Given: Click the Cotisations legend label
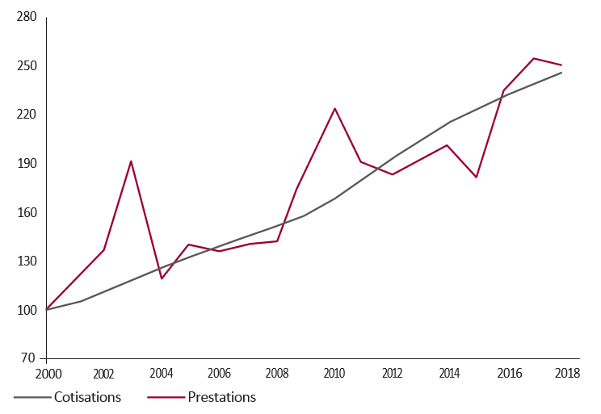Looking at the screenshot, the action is click(87, 397).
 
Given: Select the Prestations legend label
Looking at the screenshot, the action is click(222, 397).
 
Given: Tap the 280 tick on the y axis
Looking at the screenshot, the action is click(27, 17).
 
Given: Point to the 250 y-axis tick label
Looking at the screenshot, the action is click(27, 66).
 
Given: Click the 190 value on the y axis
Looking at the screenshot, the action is click(27, 164).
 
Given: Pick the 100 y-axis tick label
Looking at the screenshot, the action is click(27, 310).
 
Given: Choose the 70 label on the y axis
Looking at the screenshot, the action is click(28, 358).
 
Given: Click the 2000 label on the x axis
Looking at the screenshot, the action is click(48, 374).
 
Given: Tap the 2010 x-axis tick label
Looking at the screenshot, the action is click(334, 374).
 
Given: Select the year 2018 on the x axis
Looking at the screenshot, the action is click(568, 373).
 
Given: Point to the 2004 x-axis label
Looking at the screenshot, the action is click(162, 374).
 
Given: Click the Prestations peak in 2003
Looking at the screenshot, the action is click(131, 161).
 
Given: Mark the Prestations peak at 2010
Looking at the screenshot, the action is click(334, 108).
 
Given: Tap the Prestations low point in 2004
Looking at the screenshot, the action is click(162, 278).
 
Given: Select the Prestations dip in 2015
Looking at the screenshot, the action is click(476, 178).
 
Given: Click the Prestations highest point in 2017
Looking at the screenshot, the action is click(533, 58).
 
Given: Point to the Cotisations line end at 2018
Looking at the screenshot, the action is click(561, 73).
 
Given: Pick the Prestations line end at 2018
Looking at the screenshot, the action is click(561, 65).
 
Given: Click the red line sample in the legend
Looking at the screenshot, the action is click(166, 398).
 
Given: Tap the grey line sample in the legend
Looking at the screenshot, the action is click(32, 398).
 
